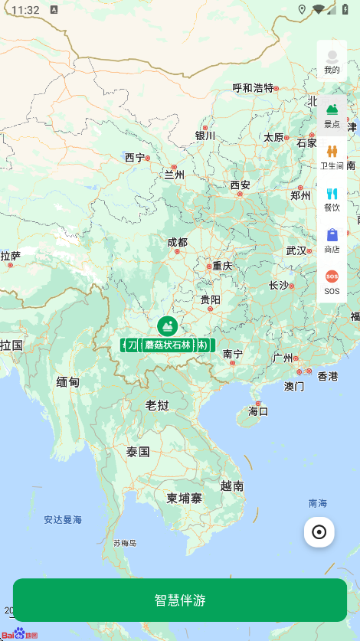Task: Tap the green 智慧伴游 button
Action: tap(180, 600)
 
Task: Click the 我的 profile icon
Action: tap(332, 60)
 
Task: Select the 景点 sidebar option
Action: tap(332, 115)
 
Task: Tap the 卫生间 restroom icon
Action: tap(332, 156)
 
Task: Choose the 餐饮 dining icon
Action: tap(332, 198)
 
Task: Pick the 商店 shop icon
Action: tap(332, 240)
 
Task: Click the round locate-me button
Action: tap(319, 532)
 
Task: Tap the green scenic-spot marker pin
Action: tap(167, 326)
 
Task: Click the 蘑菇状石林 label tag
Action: tap(167, 345)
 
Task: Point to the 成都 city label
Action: tap(177, 242)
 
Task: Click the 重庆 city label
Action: tap(222, 266)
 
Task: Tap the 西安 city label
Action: tap(241, 185)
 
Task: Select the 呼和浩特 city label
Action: tap(253, 87)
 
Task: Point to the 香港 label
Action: tap(328, 376)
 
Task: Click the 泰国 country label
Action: tap(138, 452)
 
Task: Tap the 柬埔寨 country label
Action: tap(185, 498)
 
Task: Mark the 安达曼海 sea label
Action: tap(63, 519)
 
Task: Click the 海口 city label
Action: tap(258, 411)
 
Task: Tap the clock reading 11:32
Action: tap(25, 10)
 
